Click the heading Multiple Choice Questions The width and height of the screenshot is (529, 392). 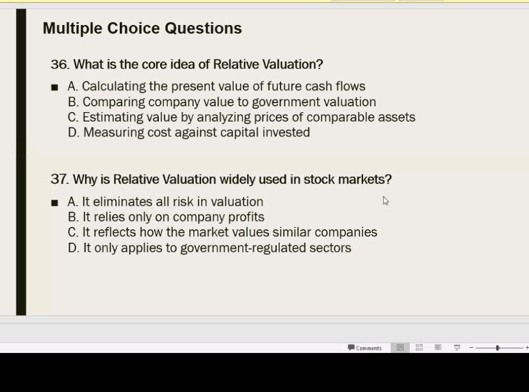pos(142,28)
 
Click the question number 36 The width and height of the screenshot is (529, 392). pos(59,65)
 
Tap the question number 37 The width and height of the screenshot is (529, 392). pos(59,179)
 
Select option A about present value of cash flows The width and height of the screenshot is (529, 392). pos(216,86)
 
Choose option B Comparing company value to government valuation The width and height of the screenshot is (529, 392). pos(222,102)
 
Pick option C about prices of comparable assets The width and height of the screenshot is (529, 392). pos(241,117)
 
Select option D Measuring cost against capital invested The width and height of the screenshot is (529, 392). pos(189,133)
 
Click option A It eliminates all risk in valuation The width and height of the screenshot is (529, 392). pos(165,202)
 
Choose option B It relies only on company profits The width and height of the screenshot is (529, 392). pos(166,217)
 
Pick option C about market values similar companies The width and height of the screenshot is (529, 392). pos(222,233)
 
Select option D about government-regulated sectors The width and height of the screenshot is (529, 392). pos(209,248)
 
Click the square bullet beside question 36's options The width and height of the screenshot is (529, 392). pos(54,87)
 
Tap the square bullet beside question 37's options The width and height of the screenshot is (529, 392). pos(54,202)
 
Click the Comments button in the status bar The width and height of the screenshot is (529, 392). pos(365,348)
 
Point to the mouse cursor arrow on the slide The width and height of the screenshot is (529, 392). pos(386,200)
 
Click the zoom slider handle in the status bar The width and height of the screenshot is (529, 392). pos(498,348)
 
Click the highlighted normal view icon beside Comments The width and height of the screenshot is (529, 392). pos(400,348)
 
